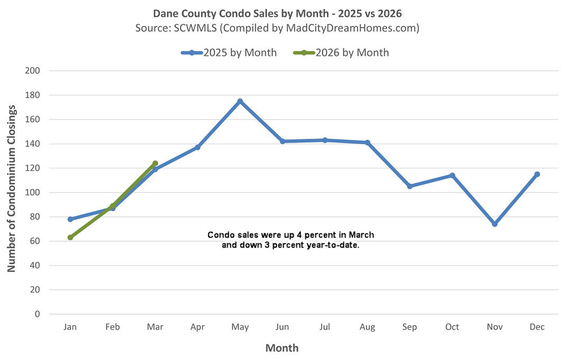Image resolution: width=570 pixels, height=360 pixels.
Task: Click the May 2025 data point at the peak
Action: tap(240, 101)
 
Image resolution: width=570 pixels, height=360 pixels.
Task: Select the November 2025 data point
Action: tap(494, 224)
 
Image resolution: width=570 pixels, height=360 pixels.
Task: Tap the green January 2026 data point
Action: tap(70, 238)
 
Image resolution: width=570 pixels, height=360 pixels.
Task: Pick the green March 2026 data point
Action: tap(155, 164)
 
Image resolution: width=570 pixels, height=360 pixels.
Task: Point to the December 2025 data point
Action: tap(537, 174)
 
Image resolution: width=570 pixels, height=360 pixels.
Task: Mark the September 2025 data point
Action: tap(409, 186)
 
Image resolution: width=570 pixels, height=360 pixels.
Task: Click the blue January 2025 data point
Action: tap(70, 219)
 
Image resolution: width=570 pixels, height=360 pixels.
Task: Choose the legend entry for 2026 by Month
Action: tap(352, 53)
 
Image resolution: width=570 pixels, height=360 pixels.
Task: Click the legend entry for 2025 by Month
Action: tap(239, 53)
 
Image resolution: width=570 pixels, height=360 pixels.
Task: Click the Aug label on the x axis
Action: tap(367, 327)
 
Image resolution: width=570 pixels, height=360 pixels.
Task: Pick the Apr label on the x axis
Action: tap(198, 327)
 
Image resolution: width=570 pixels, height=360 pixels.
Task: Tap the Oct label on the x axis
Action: tap(452, 327)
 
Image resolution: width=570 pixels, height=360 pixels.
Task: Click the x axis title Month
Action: tap(282, 348)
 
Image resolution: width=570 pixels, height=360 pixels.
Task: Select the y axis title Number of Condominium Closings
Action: tap(11, 188)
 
